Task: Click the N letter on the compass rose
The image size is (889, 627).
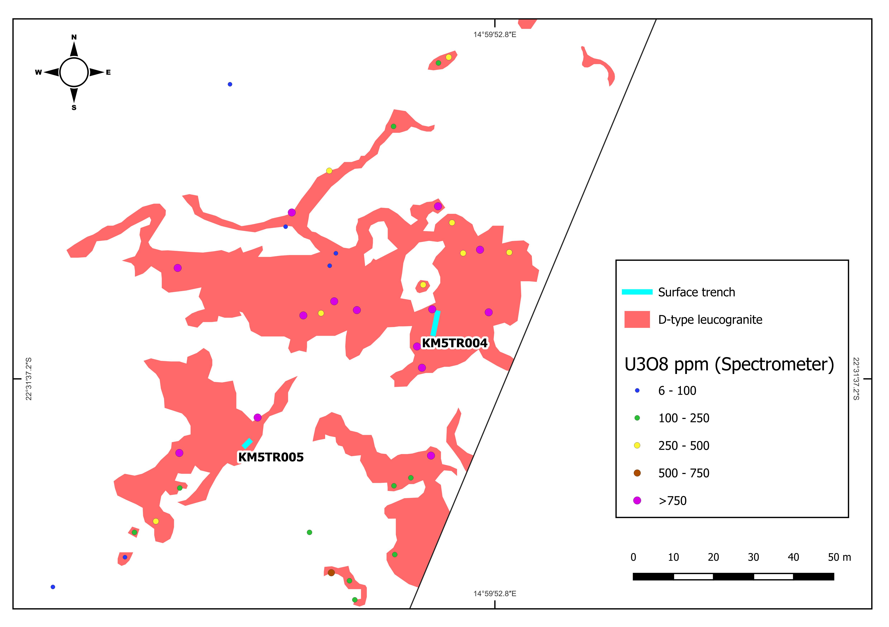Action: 74,37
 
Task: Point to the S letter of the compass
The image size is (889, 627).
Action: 74,108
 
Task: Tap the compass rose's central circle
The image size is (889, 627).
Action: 74,72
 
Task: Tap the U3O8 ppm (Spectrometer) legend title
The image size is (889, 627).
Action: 729,365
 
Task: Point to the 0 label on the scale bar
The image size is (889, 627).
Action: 633,557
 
